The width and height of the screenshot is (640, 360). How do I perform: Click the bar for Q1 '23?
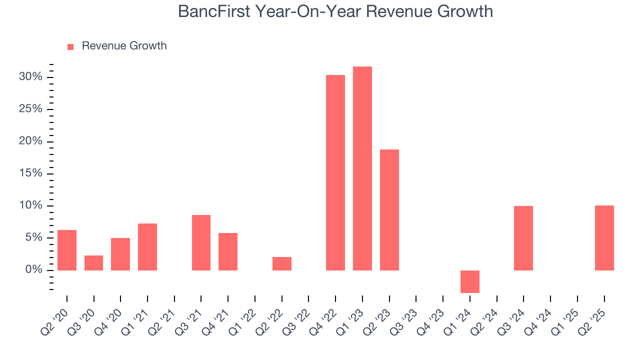(x=362, y=168)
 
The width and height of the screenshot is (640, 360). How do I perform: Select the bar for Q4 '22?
(x=335, y=172)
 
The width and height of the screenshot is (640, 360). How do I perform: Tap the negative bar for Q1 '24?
(x=470, y=281)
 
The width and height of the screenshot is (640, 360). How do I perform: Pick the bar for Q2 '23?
(x=389, y=210)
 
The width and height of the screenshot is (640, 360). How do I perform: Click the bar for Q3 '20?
(x=93, y=263)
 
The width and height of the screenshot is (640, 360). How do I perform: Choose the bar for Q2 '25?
(x=604, y=238)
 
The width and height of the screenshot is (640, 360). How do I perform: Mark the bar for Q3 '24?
(x=523, y=238)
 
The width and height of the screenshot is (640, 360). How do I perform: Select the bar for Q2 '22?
(x=282, y=263)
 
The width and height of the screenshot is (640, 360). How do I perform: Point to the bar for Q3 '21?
(x=201, y=242)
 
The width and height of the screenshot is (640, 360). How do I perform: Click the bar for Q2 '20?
(x=67, y=250)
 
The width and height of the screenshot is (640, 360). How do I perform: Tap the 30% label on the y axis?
(x=30, y=77)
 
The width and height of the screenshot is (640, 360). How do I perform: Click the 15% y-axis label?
(x=30, y=173)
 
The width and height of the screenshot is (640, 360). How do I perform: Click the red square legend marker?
(x=70, y=46)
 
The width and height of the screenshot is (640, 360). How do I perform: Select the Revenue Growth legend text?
(x=124, y=46)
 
